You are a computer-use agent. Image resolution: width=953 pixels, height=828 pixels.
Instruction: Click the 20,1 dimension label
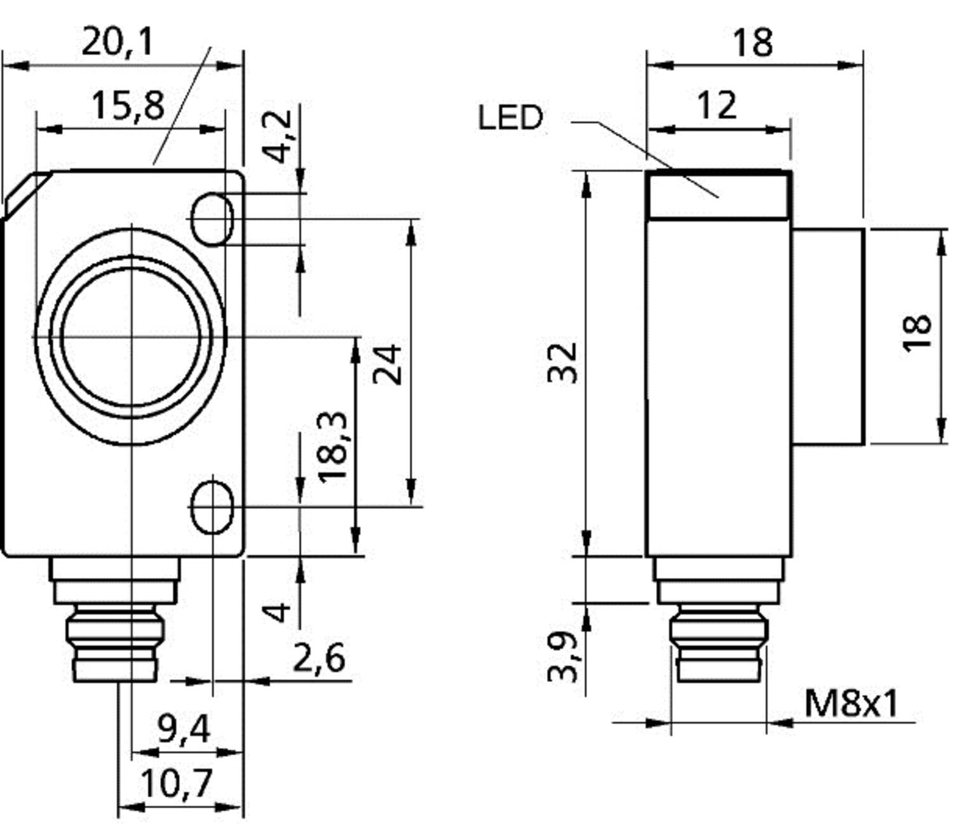[118, 43]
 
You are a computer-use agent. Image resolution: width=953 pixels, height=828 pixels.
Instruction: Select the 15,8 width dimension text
[128, 105]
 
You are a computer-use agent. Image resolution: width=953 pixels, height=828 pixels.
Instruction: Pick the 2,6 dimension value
[320, 658]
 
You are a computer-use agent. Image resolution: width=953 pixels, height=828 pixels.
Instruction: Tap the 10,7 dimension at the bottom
[176, 784]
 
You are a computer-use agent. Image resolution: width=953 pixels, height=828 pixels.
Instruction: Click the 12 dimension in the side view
[717, 105]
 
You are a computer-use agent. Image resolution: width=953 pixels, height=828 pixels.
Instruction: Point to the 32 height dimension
[563, 363]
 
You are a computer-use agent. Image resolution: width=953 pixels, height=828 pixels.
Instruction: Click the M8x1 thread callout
[852, 704]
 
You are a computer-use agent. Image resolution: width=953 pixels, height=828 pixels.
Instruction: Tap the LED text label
[511, 118]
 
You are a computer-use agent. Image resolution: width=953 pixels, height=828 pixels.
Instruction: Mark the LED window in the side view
[719, 195]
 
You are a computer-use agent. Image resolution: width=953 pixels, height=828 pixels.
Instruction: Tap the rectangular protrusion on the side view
[828, 337]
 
